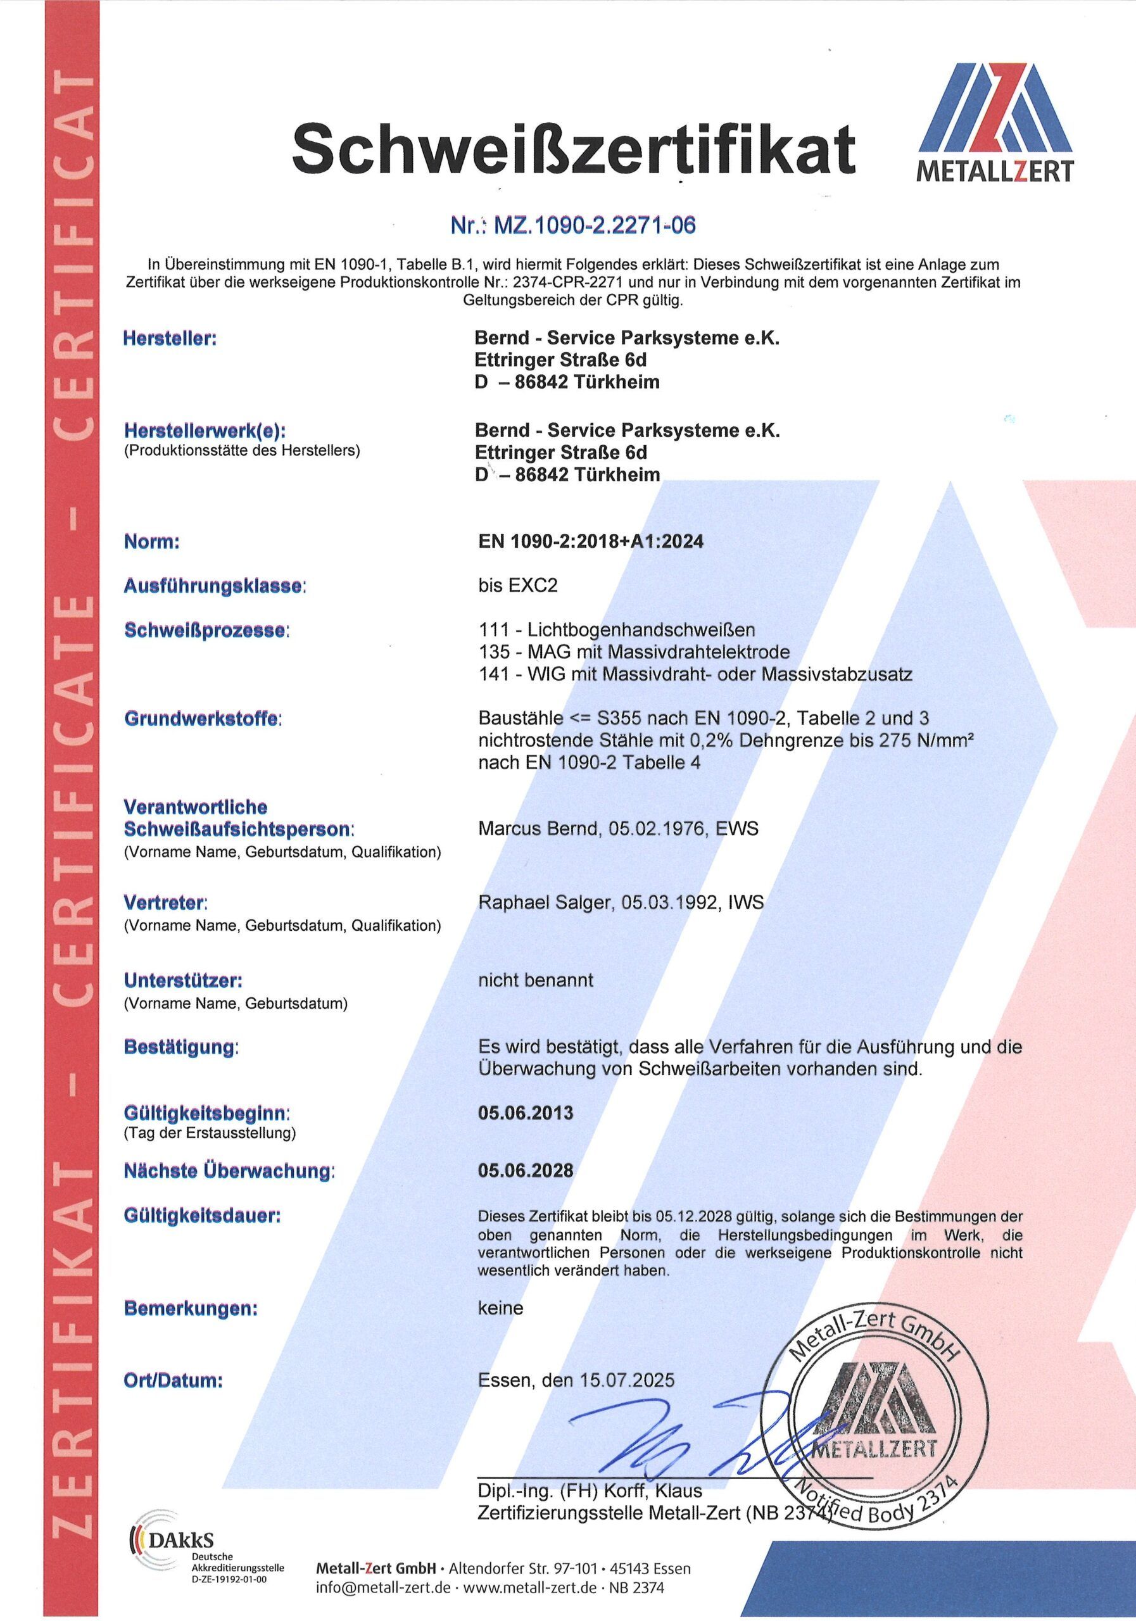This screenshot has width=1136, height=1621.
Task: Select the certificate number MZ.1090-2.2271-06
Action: coord(572,225)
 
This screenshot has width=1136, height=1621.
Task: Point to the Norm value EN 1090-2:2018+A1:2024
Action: coord(591,541)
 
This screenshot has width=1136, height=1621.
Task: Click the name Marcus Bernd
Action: coord(537,828)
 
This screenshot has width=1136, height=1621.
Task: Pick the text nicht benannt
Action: coord(535,980)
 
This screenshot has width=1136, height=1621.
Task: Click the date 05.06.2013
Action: coord(526,1113)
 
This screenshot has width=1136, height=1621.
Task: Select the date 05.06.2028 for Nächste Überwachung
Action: coord(526,1171)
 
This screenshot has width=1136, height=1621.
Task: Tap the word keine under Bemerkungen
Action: coord(501,1308)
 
